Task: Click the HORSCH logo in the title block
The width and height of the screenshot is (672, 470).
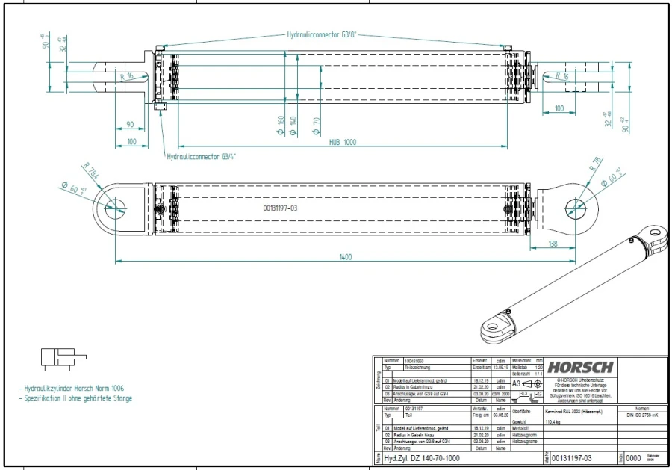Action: [580, 367]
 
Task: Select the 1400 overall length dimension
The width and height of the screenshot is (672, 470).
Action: [345, 256]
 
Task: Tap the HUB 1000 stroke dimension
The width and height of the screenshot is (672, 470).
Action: [343, 141]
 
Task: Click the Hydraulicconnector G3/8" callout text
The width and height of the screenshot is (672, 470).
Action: [321, 34]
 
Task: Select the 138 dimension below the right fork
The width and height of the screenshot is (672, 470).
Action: [553, 244]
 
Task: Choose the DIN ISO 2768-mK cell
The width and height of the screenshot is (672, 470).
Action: [642, 415]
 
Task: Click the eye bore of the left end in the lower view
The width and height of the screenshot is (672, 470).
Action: [116, 207]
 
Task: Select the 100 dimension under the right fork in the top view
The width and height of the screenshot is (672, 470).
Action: [559, 110]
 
